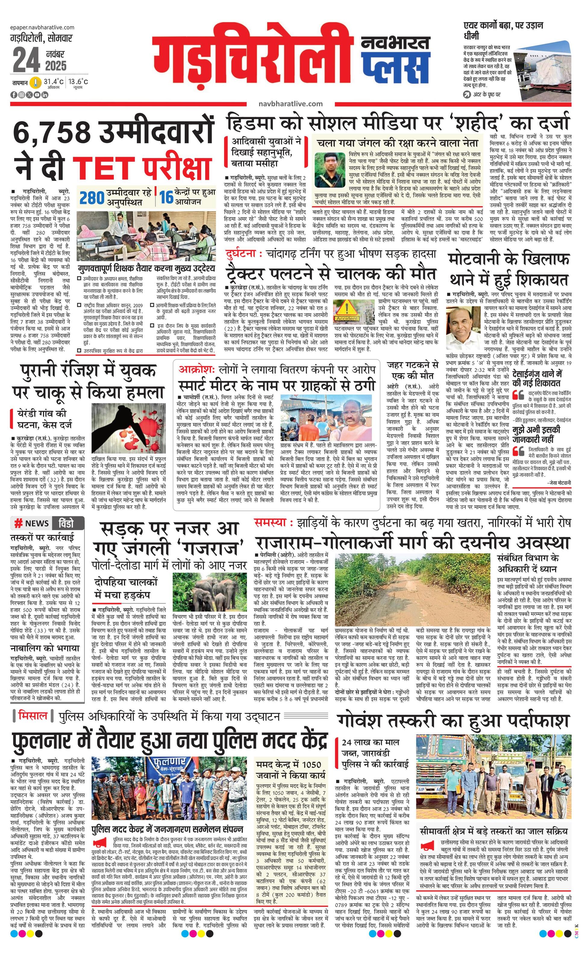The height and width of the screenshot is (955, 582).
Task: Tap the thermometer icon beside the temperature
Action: (36, 82)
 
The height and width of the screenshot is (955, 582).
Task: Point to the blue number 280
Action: (92, 198)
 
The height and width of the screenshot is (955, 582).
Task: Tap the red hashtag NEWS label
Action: (32, 524)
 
